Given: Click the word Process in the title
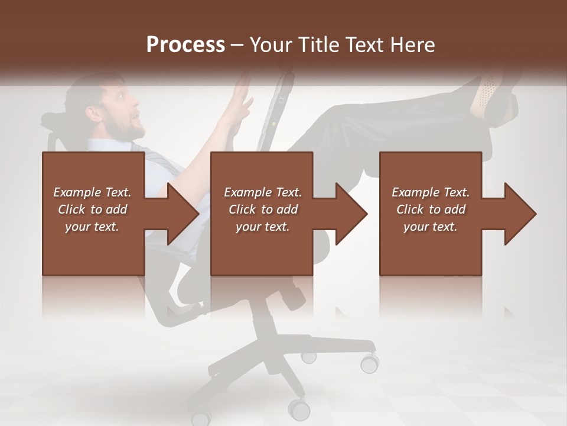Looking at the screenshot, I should (x=185, y=45).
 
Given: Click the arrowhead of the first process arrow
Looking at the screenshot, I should (x=183, y=214).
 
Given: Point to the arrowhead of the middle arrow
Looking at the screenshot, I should (x=351, y=214).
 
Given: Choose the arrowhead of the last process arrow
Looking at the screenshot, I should (x=520, y=214).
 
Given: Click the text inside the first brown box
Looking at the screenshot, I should (x=93, y=209).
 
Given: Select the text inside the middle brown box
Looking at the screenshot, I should (x=262, y=209).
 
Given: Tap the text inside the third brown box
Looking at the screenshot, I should (x=431, y=209).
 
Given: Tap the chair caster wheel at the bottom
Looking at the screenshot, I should (x=299, y=408).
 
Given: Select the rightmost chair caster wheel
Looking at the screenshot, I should (x=370, y=362).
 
